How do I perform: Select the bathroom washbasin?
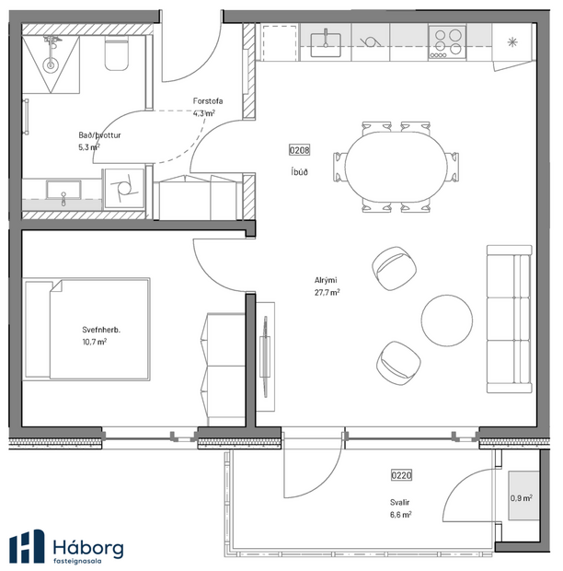63,194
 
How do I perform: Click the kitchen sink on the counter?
326,41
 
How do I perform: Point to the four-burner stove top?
448,41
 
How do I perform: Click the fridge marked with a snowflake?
512,41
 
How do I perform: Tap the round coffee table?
447,318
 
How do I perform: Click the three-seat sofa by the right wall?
509,319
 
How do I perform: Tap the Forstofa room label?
204,101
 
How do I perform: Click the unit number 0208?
299,150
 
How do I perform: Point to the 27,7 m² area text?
327,292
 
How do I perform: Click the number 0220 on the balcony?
401,476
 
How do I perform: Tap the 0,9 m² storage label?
521,499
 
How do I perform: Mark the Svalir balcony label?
399,502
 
